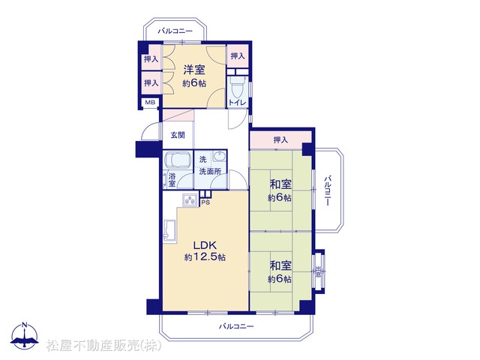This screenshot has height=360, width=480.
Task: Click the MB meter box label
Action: pyautogui.click(x=150, y=102)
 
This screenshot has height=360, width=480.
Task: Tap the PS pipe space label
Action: pyautogui.click(x=205, y=202)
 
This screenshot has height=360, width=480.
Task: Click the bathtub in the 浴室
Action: pyautogui.click(x=178, y=160)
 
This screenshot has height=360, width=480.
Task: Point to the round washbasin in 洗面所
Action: pyautogui.click(x=219, y=157)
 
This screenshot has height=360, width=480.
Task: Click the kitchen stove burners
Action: pyautogui.click(x=190, y=200)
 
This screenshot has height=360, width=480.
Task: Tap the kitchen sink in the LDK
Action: pyautogui.click(x=169, y=230)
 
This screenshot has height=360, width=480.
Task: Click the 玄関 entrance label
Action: pyautogui.click(x=178, y=135)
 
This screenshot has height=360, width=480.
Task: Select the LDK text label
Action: pyautogui.click(x=205, y=245)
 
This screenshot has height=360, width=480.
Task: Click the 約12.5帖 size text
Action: pyautogui.click(x=205, y=257)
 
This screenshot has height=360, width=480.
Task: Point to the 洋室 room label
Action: pyautogui.click(x=194, y=70)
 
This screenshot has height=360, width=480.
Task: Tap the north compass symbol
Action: pyautogui.click(x=25, y=335)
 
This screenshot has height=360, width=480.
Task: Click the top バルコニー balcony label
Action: pyautogui.click(x=175, y=31)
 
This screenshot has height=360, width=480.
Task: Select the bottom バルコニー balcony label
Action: pyautogui.click(x=236, y=326)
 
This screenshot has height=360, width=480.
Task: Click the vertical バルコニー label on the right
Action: pyautogui.click(x=328, y=190)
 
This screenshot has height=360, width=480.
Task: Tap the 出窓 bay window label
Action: pyautogui.click(x=318, y=271)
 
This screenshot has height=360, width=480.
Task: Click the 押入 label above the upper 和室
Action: pyautogui.click(x=280, y=140)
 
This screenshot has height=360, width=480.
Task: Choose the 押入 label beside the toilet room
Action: pyautogui.click(x=238, y=56)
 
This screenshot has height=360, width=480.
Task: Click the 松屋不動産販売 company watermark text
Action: pyautogui.click(x=103, y=346)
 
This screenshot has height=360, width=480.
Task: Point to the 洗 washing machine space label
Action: pyautogui.click(x=202, y=160)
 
